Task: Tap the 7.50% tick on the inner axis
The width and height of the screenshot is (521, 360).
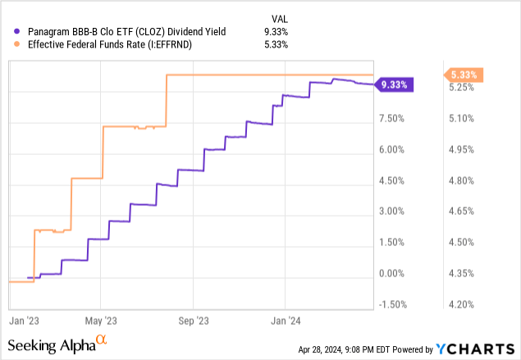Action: (x=392, y=119)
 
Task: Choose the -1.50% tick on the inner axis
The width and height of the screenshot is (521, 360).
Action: (x=392, y=304)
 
